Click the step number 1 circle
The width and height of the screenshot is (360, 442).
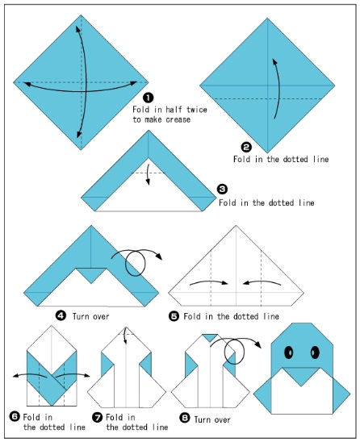[x=137, y=98]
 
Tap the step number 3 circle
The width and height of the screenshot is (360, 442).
[x=222, y=189]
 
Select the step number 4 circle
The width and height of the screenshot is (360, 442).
[x=60, y=316]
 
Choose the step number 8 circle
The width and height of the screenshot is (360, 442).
[x=184, y=416]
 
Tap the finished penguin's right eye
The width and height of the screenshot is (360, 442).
[x=313, y=351]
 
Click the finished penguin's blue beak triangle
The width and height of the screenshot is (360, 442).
[x=300, y=373]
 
